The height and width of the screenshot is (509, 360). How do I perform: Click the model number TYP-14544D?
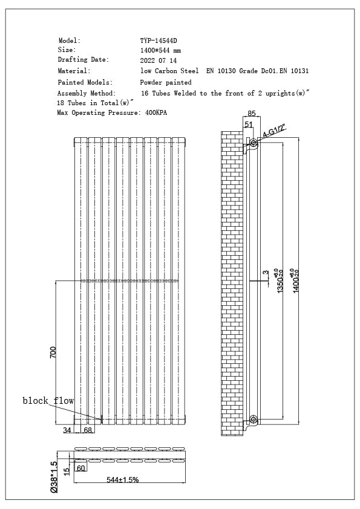[158, 41]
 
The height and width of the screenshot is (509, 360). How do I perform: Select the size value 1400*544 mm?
[160, 51]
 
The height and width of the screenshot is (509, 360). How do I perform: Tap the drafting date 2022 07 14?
[159, 61]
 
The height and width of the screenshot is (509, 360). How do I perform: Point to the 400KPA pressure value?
[156, 113]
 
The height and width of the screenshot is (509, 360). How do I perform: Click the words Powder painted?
[166, 82]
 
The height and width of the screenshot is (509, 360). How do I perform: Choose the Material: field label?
[74, 71]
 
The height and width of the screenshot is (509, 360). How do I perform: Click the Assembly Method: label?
[86, 93]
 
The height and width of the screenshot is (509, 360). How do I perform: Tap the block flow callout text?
[48, 401]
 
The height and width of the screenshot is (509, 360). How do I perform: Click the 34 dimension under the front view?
[67, 430]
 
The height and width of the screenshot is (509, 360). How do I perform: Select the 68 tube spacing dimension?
[88, 430]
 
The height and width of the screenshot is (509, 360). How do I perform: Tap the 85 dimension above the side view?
[252, 112]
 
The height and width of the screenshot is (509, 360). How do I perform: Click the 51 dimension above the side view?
[248, 125]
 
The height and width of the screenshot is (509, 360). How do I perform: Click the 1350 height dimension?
[280, 281]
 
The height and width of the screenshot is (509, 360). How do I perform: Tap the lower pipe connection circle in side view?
[253, 419]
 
